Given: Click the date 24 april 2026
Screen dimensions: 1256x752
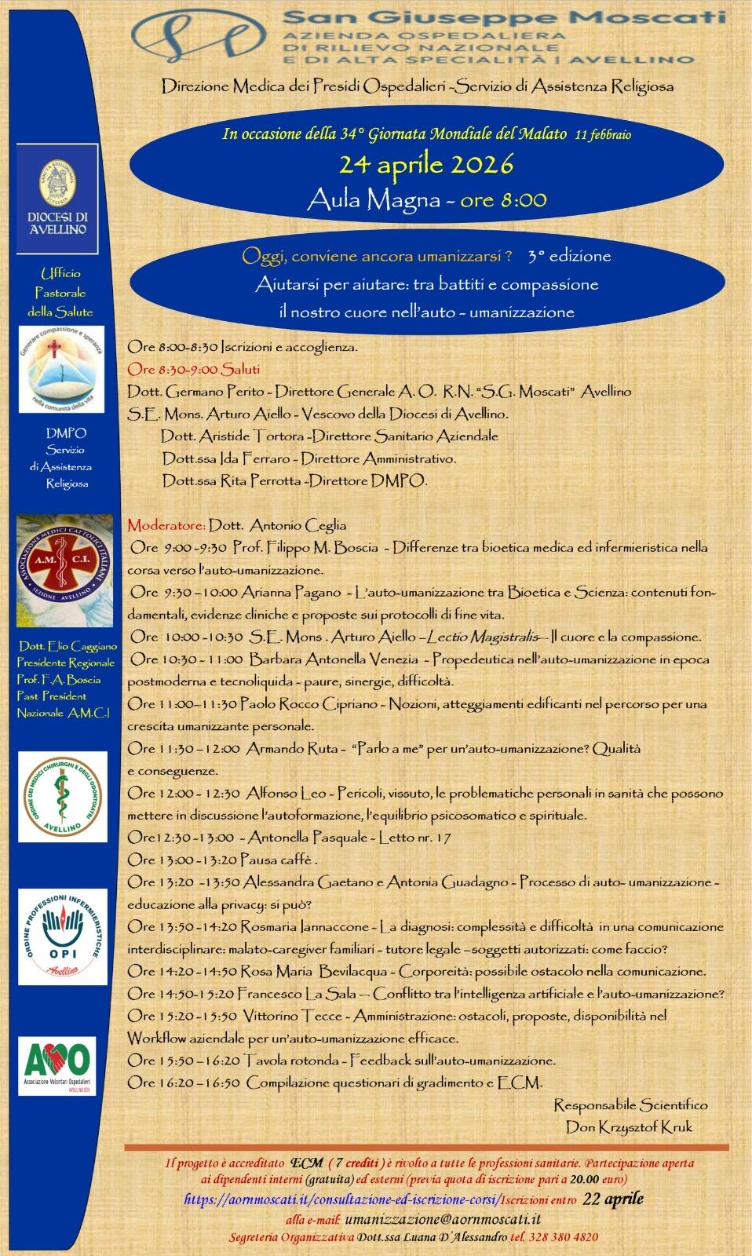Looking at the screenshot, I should pyautogui.click(x=425, y=165).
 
